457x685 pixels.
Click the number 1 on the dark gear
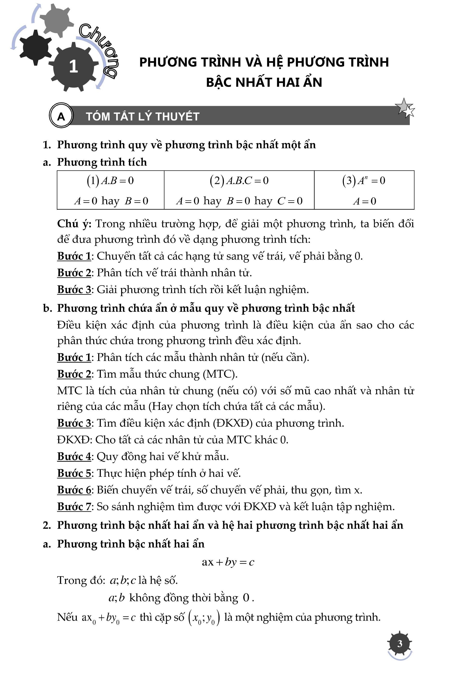[x=74, y=66]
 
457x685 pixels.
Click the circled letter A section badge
[x=61, y=116]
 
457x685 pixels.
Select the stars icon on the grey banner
[x=405, y=108]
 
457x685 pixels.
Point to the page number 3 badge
[x=400, y=643]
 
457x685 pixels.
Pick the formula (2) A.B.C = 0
[x=239, y=180]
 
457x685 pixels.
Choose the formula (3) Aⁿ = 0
[x=364, y=180]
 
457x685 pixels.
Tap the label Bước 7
[x=74, y=506]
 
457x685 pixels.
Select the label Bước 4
[x=74, y=456]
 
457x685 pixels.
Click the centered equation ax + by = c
[x=228, y=562]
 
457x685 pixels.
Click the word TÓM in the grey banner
[x=97, y=116]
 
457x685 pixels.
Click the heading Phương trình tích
[x=102, y=162]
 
